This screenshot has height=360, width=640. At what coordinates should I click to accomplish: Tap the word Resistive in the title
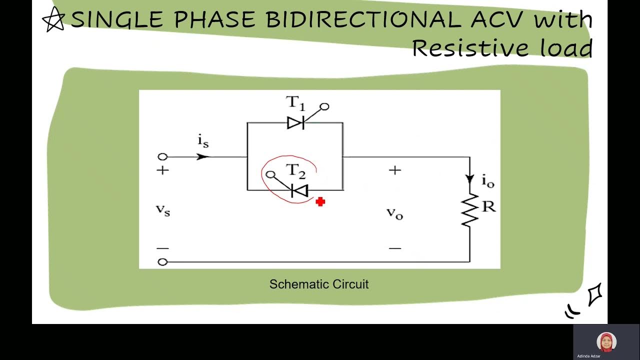pyautogui.click(x=470, y=48)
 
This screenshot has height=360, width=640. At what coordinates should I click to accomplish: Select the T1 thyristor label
pyautogui.click(x=295, y=103)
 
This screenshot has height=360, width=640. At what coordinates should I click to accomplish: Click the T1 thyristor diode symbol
pyautogui.click(x=295, y=122)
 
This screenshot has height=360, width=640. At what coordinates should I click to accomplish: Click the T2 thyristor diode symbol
pyautogui.click(x=299, y=190)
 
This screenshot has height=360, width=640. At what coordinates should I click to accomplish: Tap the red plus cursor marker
pyautogui.click(x=320, y=201)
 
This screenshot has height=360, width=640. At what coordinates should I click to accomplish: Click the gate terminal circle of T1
pyautogui.click(x=324, y=106)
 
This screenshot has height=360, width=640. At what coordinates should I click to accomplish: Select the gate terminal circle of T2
pyautogui.click(x=271, y=174)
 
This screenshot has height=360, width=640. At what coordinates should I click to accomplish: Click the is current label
pyautogui.click(x=203, y=142)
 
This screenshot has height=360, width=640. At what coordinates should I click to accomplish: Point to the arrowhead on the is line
pyautogui.click(x=202, y=156)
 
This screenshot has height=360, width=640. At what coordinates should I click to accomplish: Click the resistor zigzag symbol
pyautogui.click(x=469, y=210)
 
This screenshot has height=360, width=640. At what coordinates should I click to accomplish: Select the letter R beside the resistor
pyautogui.click(x=488, y=206)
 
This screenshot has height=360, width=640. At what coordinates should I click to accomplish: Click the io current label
pyautogui.click(x=488, y=181)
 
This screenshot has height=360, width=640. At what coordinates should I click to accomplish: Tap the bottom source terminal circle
pyautogui.click(x=162, y=261)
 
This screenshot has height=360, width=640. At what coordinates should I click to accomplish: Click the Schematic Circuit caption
pyautogui.click(x=319, y=284)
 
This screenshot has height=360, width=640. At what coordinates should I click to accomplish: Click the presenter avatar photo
pyautogui.click(x=606, y=342)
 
